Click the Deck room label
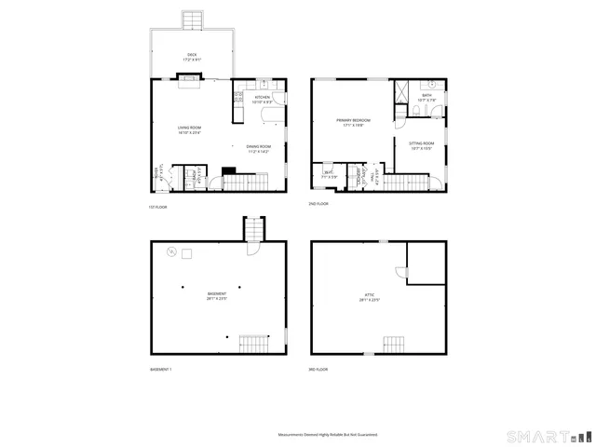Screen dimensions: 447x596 coord(192,56)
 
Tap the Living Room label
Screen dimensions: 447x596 coord(190,129)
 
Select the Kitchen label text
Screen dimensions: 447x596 coord(263,99)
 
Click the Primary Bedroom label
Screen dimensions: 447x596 coord(354,122)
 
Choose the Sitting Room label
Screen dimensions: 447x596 coord(422,145)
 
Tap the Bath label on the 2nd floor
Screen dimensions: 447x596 coord(427,96)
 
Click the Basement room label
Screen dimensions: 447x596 coord(217,296)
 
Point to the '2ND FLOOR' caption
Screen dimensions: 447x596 coord(319,203)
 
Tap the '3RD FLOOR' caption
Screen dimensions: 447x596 coord(319,369)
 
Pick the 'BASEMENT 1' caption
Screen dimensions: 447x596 coord(160,370)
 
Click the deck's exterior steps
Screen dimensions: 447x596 coord(192,20)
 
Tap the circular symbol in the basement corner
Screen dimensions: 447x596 coord(170,251)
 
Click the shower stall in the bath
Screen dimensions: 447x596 coord(403,91)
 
